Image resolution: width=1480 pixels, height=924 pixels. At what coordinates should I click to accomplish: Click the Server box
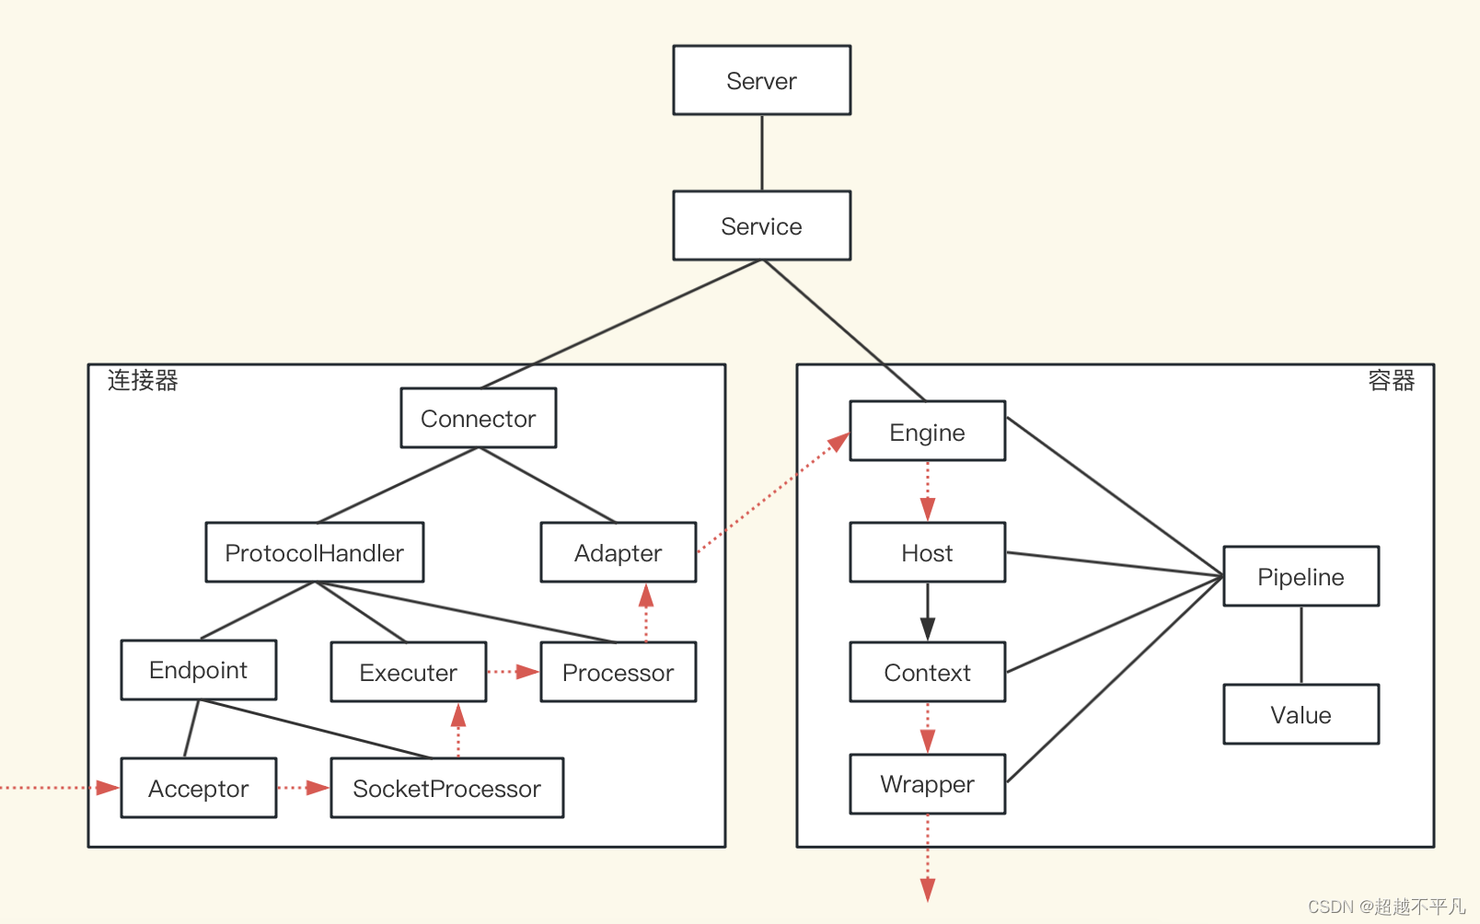762,80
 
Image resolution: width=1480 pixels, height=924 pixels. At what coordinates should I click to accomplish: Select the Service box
762,225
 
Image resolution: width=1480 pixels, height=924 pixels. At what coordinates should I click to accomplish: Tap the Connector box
479,418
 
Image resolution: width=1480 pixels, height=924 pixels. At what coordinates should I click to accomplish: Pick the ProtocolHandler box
315,552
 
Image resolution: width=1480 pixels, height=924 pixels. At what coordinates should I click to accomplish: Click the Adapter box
619,552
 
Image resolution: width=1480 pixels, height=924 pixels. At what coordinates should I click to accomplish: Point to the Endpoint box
198,670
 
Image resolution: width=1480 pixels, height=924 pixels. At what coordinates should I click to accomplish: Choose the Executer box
409,672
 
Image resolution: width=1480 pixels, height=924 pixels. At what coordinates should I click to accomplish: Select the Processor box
619,672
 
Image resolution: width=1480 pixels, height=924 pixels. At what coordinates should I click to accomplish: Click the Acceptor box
198,788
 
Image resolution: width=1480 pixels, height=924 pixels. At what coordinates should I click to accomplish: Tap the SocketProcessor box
446,788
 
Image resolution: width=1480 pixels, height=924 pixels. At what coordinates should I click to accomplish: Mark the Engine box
928,431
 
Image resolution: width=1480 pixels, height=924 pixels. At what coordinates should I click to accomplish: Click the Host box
928,552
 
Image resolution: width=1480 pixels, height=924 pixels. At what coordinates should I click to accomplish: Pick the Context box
928,672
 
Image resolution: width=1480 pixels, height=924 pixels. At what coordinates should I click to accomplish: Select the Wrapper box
928,784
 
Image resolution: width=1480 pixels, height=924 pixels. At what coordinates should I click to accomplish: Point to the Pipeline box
1301,576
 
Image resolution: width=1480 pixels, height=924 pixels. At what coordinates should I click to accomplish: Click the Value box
1301,714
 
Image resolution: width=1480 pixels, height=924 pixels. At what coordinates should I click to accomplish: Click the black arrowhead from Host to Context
928,629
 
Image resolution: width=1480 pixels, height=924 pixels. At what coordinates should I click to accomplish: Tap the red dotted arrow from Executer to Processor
514,672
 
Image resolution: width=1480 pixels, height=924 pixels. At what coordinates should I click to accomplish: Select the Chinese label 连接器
143,380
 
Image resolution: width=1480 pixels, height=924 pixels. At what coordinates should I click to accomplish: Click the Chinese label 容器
1392,380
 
